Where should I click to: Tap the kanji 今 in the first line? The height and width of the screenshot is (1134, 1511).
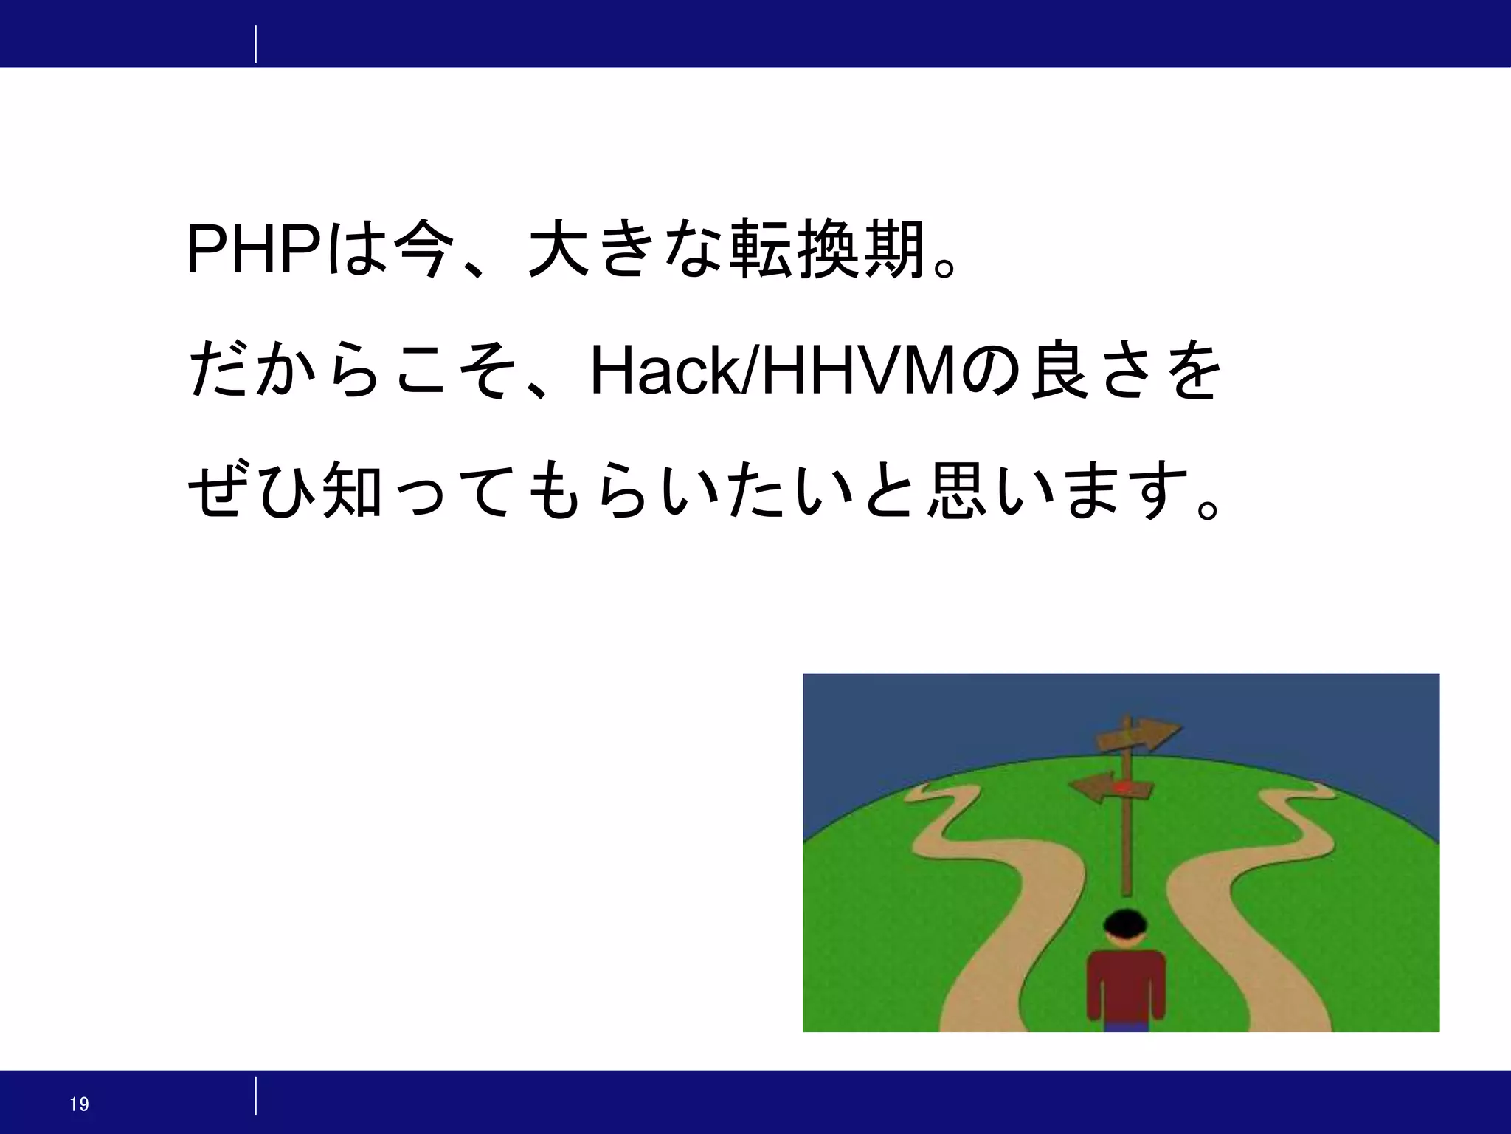pyautogui.click(x=421, y=248)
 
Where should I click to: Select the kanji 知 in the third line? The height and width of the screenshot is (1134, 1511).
pyautogui.click(x=352, y=489)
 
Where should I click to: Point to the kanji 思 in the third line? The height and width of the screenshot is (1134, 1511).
pyautogui.click(x=957, y=489)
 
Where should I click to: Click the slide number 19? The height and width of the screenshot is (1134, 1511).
pyautogui.click(x=79, y=1104)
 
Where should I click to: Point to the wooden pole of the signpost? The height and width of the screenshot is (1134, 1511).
pyautogui.click(x=1127, y=849)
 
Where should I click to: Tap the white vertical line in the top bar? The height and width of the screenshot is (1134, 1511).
pyautogui.click(x=256, y=44)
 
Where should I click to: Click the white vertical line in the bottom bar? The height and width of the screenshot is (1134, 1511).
pyautogui.click(x=256, y=1096)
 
